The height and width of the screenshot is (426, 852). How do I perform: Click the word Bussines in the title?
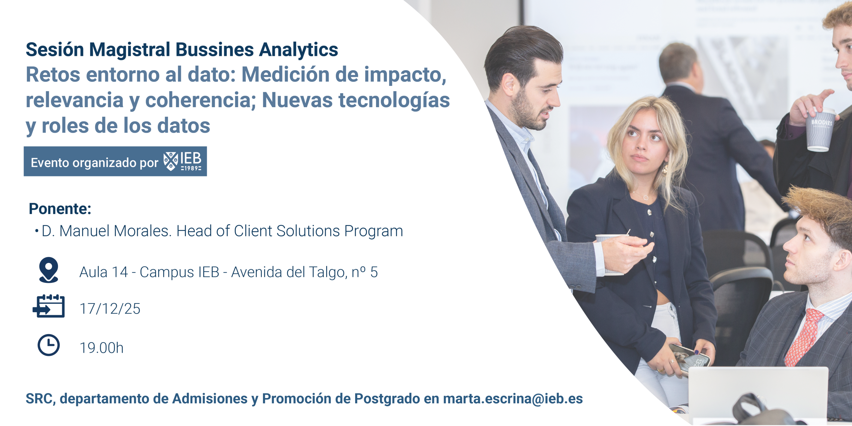215,50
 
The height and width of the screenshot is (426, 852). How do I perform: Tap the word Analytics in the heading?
299,50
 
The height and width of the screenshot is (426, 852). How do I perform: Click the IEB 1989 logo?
183,161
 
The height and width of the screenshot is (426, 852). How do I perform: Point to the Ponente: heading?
60,209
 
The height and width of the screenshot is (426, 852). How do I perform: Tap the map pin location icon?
49,270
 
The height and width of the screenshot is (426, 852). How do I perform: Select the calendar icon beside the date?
49,306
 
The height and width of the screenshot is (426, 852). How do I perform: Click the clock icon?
49,345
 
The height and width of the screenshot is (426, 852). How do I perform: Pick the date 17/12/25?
110,309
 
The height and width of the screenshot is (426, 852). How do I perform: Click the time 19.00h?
102,348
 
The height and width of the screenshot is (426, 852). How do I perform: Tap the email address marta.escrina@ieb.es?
513,399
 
